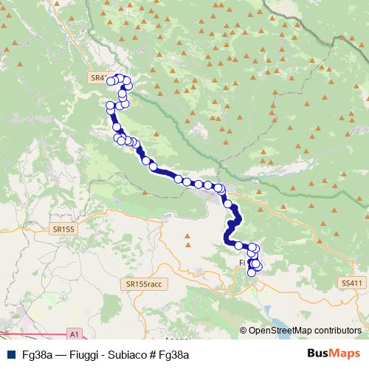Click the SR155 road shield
[64, 230]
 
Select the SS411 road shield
[352, 283]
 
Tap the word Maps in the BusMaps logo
[342, 354]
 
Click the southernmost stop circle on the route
[252, 272]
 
